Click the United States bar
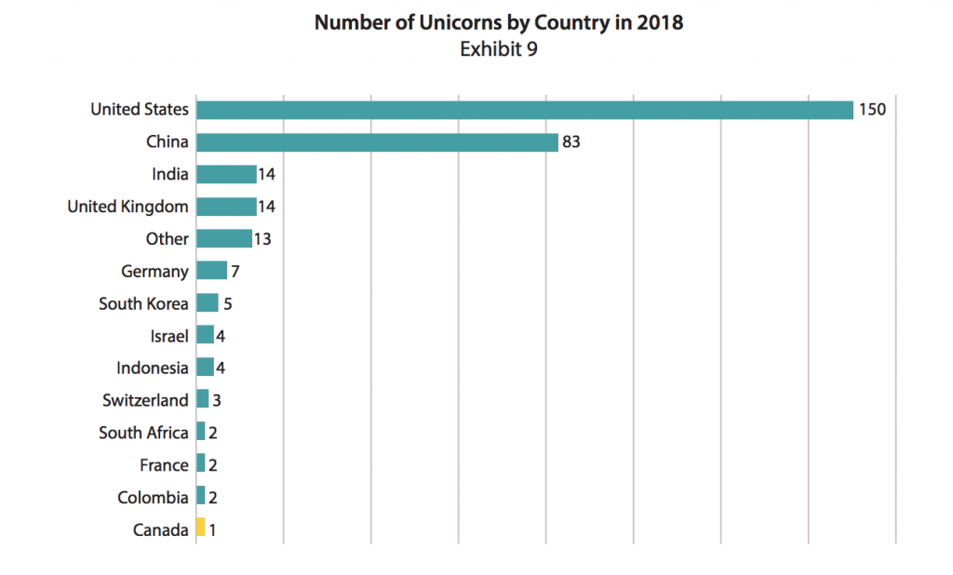524,110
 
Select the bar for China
377,142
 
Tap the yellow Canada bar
200,528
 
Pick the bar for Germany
211,271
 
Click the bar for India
226,174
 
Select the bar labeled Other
224,239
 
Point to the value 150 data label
872,110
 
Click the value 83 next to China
572,142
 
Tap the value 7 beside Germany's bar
235,271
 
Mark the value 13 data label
262,239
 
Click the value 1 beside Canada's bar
212,529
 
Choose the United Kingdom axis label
128,207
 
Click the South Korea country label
143,303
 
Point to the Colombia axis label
153,497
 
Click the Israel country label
168,336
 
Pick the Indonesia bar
205,368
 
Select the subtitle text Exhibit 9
499,49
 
